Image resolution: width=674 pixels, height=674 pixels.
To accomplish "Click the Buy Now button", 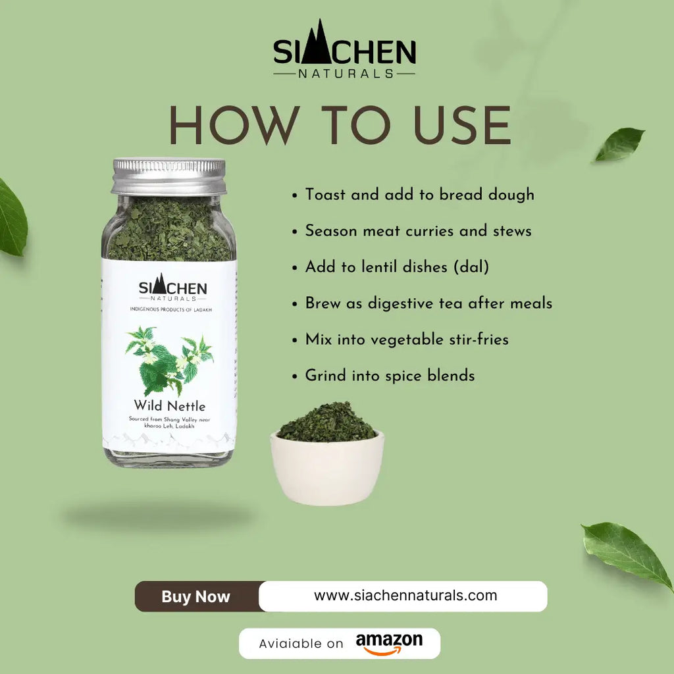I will tap(196, 597).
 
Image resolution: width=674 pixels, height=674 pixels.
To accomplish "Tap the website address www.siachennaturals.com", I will tap(405, 596).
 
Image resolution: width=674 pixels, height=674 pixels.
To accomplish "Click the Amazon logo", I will tap(389, 643).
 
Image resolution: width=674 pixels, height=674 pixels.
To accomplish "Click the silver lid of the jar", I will tap(168, 176).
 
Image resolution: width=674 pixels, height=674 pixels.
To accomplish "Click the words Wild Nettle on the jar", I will tap(170, 405).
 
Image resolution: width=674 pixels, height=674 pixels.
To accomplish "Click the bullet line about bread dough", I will tap(419, 195).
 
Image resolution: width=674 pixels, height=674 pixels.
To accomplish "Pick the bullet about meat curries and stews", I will tap(418, 231).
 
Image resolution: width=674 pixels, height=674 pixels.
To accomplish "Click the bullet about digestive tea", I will tap(428, 303).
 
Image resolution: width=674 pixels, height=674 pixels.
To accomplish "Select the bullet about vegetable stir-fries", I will tap(406, 340).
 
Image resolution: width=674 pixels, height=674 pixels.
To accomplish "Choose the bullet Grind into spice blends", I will tap(390, 376).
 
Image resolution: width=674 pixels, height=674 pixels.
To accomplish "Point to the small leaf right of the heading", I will tap(619, 144).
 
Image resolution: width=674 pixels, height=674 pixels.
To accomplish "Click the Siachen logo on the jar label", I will tap(172, 288).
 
